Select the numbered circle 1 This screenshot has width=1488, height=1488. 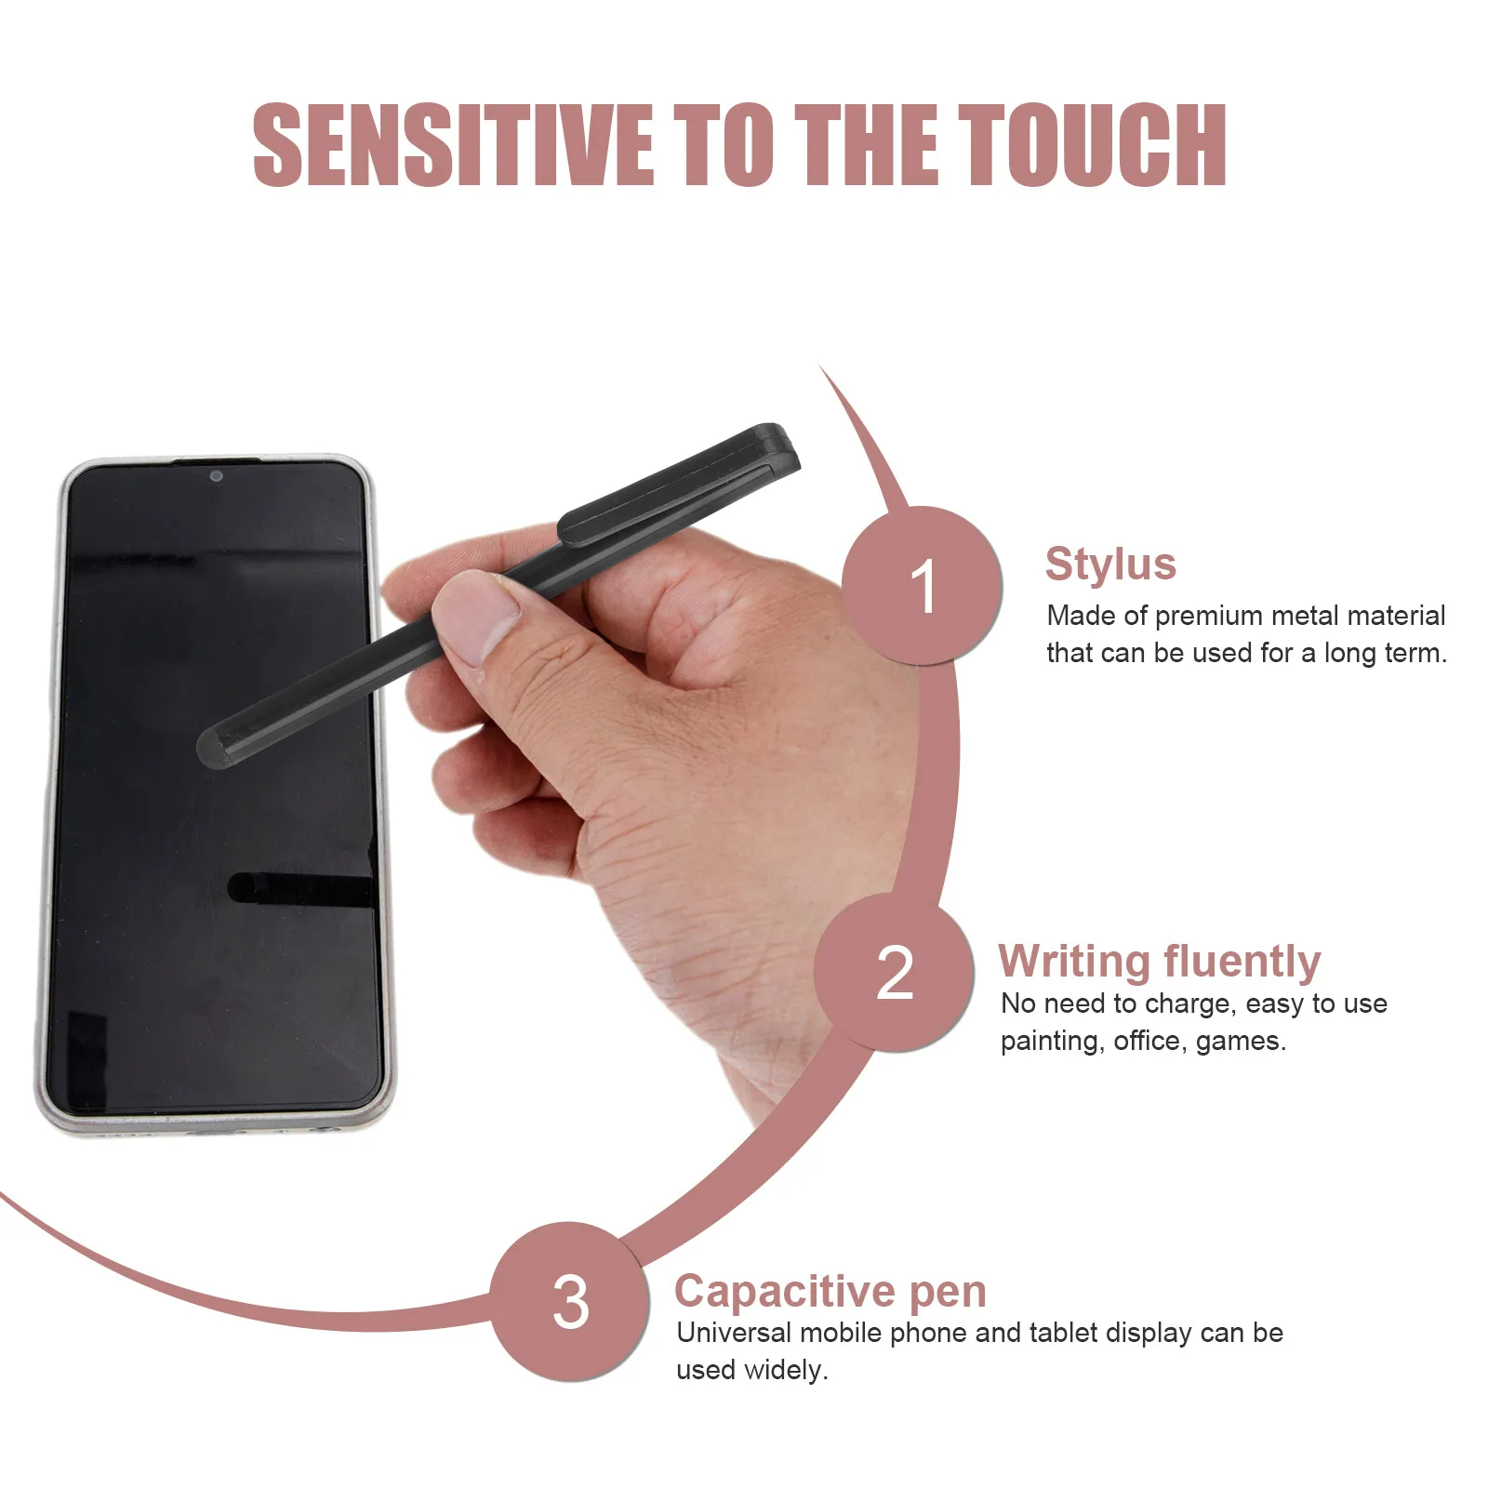pos(922,586)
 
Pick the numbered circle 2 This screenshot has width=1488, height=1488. pos(895,973)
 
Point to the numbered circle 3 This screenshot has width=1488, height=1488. pos(570,1301)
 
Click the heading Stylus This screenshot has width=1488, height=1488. pos(1110,564)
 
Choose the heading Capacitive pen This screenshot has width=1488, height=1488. pos(830,1291)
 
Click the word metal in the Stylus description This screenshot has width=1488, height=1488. pos(1305,616)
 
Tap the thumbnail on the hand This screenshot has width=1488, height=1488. pos(476,615)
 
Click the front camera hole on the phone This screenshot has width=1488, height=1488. pos(216,476)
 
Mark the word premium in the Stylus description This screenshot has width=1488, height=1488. pos(1208,616)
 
